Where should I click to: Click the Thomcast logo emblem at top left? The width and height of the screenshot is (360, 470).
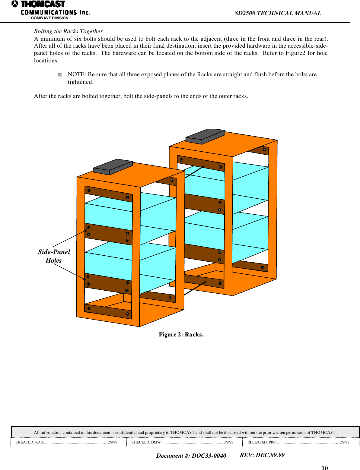click(15, 4)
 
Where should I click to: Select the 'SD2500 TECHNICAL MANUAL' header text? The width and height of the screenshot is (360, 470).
click(278, 13)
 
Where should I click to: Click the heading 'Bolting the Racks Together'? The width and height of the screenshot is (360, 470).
click(68, 31)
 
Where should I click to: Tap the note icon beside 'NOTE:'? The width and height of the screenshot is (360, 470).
click(59, 74)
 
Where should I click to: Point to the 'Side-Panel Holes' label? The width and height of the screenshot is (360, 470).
click(54, 256)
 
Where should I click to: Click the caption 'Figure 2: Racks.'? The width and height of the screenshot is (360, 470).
click(181, 334)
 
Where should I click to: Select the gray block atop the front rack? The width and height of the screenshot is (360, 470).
click(113, 167)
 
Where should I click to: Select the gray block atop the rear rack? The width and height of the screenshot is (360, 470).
click(205, 136)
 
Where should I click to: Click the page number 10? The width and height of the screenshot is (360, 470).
click(324, 468)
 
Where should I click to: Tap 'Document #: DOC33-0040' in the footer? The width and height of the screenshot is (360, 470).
click(191, 456)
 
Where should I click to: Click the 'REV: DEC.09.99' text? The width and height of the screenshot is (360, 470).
click(262, 455)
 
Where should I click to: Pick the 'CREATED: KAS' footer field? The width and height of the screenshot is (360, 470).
click(66, 442)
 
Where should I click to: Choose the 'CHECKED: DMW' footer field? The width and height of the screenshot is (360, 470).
click(182, 442)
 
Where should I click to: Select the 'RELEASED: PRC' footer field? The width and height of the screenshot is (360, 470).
click(298, 442)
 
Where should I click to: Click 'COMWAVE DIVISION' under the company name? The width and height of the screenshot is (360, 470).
click(49, 18)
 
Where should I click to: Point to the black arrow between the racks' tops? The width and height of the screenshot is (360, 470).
click(195, 172)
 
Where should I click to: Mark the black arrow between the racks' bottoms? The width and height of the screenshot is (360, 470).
click(195, 288)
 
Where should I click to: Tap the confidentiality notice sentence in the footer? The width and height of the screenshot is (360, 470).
click(185, 432)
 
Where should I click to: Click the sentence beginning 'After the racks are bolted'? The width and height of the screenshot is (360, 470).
click(141, 96)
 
